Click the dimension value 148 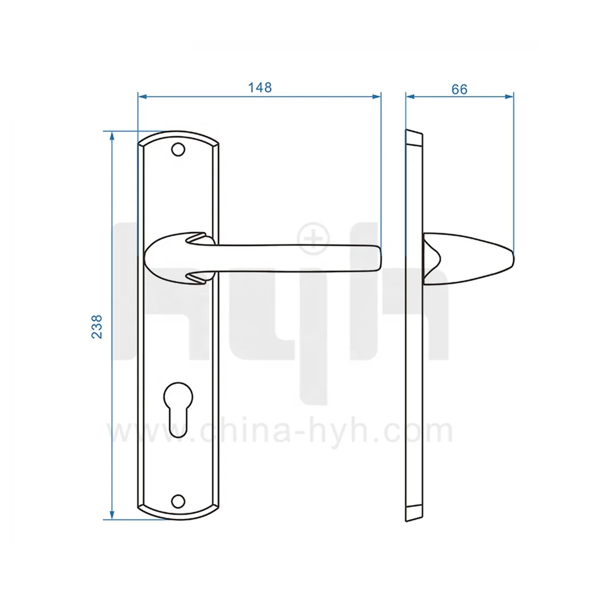pos(260,87)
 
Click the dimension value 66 pos(459,89)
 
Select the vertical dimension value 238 pos(98,327)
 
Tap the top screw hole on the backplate pos(178,150)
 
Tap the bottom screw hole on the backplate pos(178,500)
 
